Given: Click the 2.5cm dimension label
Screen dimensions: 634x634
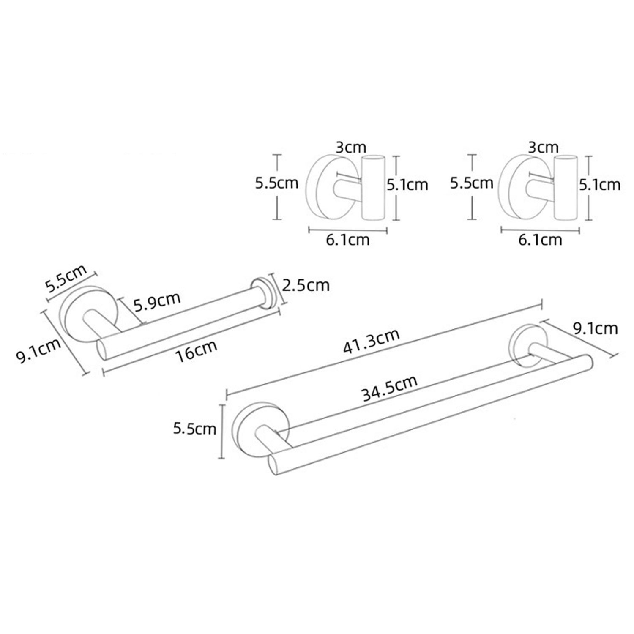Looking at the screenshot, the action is pyautogui.click(x=306, y=285).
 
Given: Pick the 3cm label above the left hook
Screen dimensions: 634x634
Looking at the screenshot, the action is pyautogui.click(x=351, y=148).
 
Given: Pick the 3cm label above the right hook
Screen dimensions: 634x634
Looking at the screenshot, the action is pyautogui.click(x=543, y=148).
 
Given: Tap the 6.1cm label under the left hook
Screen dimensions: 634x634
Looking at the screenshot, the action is pyautogui.click(x=348, y=240).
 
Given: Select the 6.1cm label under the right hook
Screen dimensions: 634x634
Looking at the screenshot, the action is pyautogui.click(x=540, y=240).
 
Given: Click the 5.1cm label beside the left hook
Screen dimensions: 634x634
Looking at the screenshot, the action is pyautogui.click(x=407, y=184).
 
